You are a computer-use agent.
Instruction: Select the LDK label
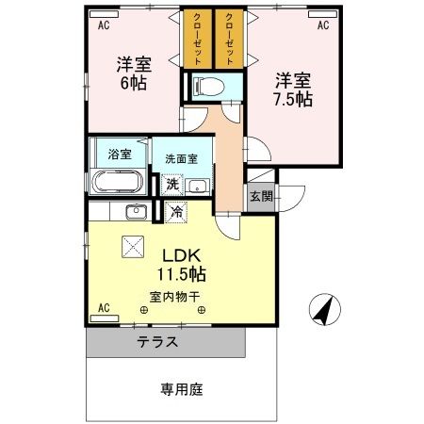[183, 255]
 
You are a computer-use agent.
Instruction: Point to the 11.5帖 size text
[183, 274]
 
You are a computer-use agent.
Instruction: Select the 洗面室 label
[182, 159]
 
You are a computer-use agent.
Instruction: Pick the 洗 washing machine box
[172, 185]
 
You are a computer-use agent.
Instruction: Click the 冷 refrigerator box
[175, 213]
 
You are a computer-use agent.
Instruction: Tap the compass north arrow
[322, 308]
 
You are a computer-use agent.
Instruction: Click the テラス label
[156, 342]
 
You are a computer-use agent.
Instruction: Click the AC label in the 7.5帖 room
[322, 25]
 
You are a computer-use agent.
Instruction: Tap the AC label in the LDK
[104, 307]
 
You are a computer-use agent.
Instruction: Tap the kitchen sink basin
[134, 210]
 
